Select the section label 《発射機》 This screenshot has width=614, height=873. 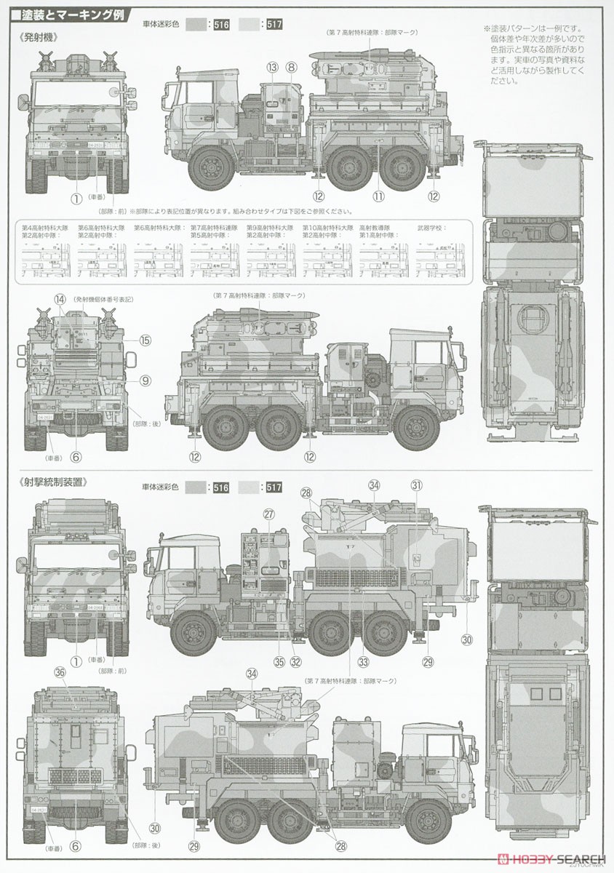(x=36, y=36)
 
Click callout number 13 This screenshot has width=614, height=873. (x=272, y=67)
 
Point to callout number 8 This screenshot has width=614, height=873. (x=291, y=67)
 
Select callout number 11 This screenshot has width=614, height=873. (x=378, y=196)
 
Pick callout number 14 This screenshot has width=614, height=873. (x=60, y=299)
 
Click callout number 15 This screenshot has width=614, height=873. (x=145, y=340)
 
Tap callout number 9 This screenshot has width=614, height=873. (x=145, y=380)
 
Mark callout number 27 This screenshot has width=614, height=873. (x=269, y=514)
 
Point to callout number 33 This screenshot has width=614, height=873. (x=362, y=661)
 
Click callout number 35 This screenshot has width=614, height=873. (x=278, y=661)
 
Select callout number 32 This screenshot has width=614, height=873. (x=295, y=661)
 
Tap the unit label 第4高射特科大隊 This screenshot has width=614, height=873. (x=43, y=228)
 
